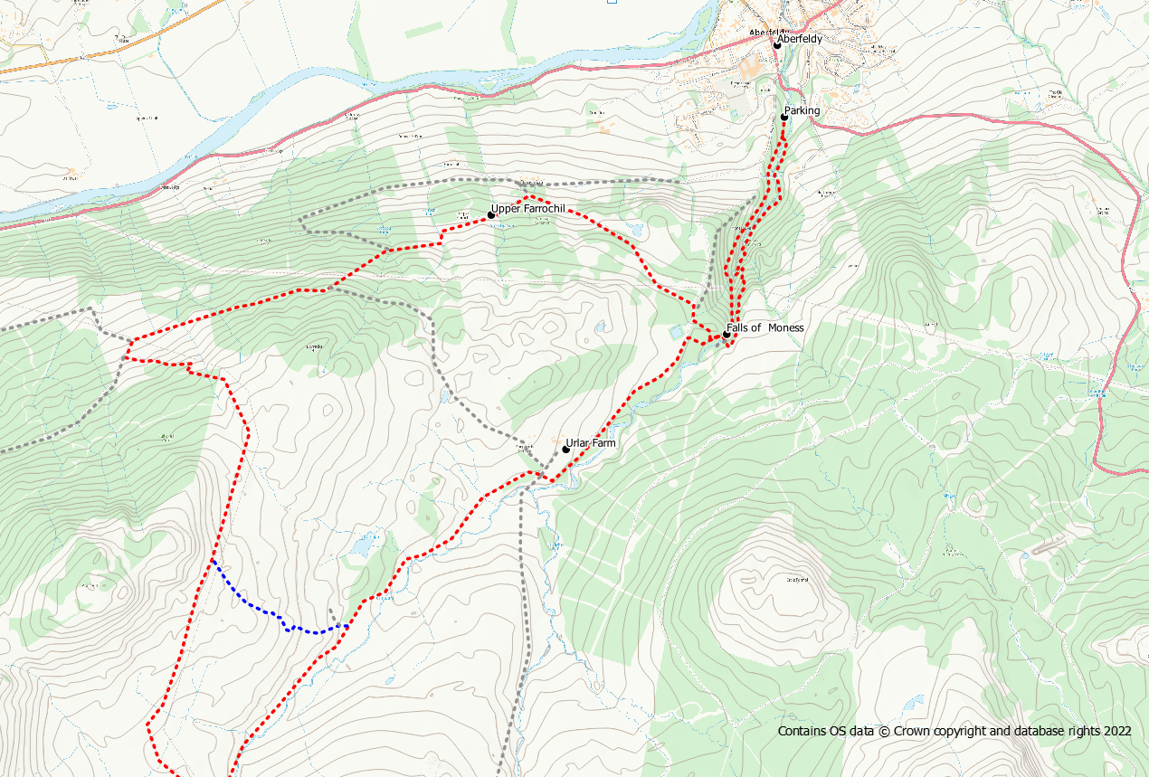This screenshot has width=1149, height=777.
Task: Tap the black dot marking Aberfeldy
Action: tap(777, 45)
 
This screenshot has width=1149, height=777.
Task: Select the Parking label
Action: tap(802, 110)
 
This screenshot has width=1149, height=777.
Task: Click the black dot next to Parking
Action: tap(784, 117)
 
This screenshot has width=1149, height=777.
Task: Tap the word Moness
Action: tap(786, 327)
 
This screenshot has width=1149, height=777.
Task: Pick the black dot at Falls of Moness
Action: tap(726, 335)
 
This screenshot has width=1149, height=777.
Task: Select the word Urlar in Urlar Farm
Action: tap(578, 443)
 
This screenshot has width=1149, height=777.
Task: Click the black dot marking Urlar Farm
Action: tap(565, 449)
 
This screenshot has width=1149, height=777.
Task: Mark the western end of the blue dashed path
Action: tap(213, 560)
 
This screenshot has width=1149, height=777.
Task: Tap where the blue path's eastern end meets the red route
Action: tap(348, 625)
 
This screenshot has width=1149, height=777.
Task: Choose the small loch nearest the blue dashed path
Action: tap(362, 547)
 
